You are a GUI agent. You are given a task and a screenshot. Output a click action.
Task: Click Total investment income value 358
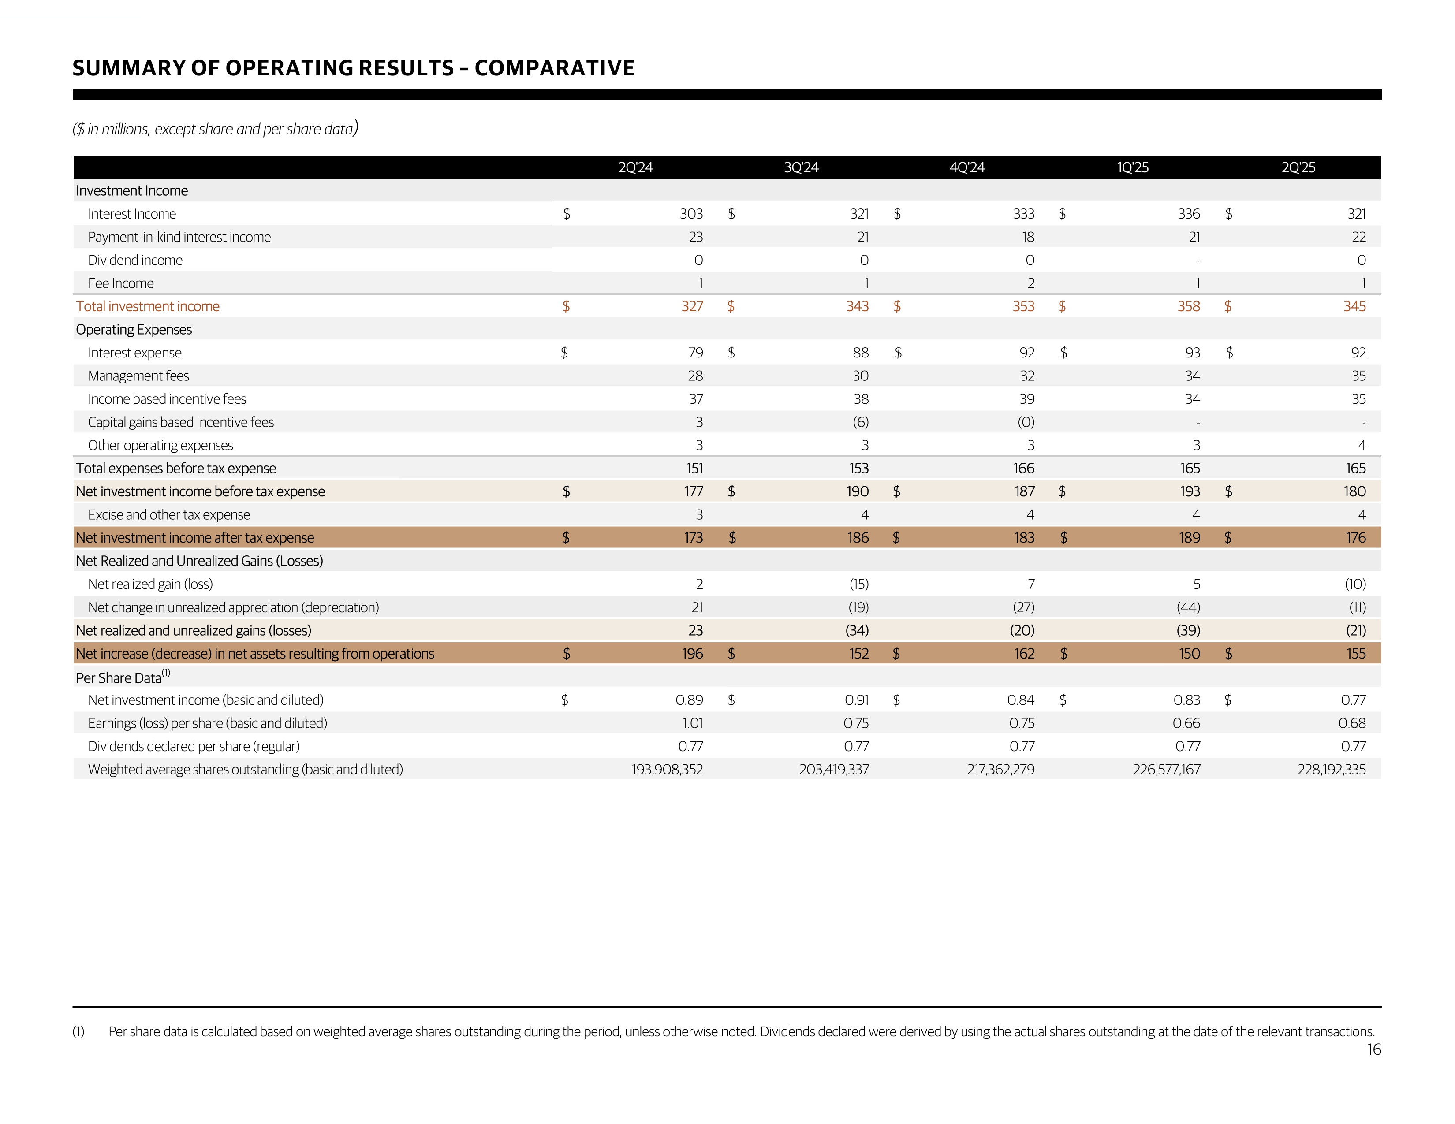tap(1189, 306)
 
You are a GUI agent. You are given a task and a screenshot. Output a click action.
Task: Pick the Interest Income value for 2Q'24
tap(691, 214)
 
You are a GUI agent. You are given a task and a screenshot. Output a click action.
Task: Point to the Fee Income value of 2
tap(1031, 283)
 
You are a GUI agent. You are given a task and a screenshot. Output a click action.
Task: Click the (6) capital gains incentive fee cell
tap(860, 422)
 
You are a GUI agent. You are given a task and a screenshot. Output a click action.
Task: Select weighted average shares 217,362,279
tap(1001, 770)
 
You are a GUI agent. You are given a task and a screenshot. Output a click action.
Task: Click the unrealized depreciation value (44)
tap(1189, 607)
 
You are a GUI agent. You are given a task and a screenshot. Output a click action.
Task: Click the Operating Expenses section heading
tap(134, 330)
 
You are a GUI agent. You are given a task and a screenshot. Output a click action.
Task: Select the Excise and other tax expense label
tap(169, 515)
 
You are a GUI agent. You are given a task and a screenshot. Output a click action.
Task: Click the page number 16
tap(1374, 1050)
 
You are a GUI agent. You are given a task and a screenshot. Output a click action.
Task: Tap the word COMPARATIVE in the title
tap(554, 68)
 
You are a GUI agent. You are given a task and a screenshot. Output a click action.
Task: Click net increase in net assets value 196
tap(692, 654)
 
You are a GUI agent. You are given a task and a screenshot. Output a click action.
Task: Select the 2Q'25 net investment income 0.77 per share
tap(1353, 700)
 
